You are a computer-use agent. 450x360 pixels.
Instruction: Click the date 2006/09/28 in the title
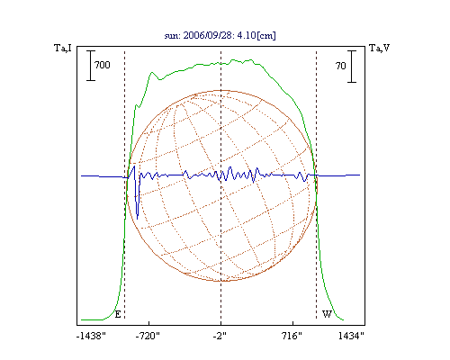[x=208, y=35]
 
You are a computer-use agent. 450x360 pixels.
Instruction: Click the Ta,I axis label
[x=63, y=48]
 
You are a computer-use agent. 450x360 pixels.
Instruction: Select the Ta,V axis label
[x=380, y=48]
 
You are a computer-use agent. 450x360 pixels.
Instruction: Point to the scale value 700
[x=103, y=65]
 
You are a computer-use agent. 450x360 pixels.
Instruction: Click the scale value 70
[x=341, y=66]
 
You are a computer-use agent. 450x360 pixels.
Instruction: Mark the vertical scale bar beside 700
[x=91, y=66]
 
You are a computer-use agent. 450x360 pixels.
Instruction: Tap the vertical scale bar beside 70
[x=352, y=67]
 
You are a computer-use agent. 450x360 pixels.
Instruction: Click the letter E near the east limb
[x=118, y=314]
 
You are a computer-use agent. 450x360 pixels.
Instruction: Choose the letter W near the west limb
[x=327, y=314]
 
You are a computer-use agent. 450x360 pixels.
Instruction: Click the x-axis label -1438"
[x=91, y=336]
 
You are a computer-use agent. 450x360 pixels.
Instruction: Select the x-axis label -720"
[x=148, y=336]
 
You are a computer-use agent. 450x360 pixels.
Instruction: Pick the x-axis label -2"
[x=220, y=336]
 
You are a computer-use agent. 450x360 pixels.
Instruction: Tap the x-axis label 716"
[x=292, y=336]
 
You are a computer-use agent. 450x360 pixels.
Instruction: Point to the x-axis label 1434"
[x=351, y=336]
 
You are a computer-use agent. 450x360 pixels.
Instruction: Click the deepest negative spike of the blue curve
[x=138, y=219]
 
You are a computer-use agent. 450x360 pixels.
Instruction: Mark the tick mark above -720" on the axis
[x=149, y=323]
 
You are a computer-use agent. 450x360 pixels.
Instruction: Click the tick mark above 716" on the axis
[x=292, y=323]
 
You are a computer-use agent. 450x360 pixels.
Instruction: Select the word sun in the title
[x=172, y=36]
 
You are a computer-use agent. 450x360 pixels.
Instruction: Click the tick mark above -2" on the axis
[x=221, y=323]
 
